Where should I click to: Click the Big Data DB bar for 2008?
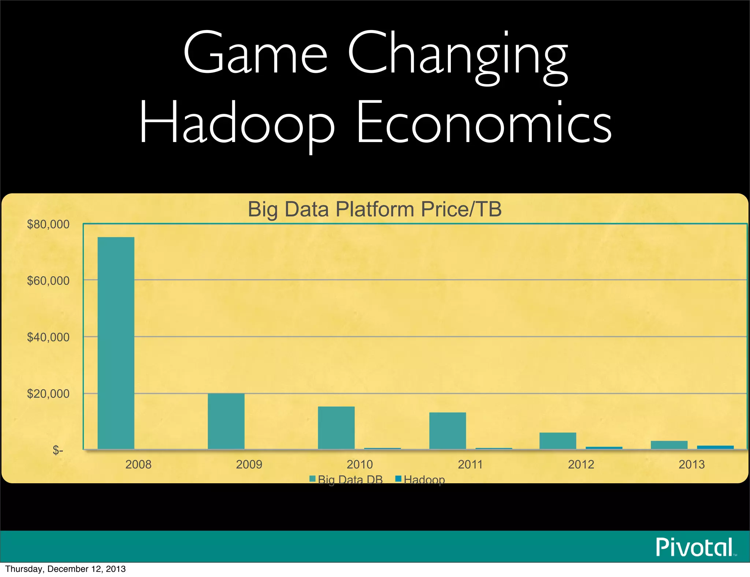(x=116, y=343)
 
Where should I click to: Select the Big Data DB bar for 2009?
(x=226, y=421)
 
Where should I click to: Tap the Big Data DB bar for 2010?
(x=336, y=428)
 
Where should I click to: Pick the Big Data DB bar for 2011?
(x=448, y=431)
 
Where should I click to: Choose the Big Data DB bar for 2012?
(x=558, y=440)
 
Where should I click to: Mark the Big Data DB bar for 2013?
(x=669, y=445)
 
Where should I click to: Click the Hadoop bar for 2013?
(x=715, y=447)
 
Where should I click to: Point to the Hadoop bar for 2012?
(x=604, y=448)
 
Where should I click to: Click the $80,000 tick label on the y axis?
(x=48, y=224)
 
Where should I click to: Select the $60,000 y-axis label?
(x=48, y=281)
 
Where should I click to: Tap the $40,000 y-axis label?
(x=48, y=337)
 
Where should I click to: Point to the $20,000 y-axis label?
(x=48, y=394)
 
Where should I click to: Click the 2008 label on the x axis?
(x=138, y=464)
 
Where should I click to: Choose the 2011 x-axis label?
(x=471, y=464)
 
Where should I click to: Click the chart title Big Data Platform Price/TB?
(x=375, y=209)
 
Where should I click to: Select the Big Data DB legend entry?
(x=346, y=479)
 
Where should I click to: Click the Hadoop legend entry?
(x=420, y=479)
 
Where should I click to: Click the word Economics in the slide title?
(x=483, y=123)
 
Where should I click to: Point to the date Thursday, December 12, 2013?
(x=65, y=569)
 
